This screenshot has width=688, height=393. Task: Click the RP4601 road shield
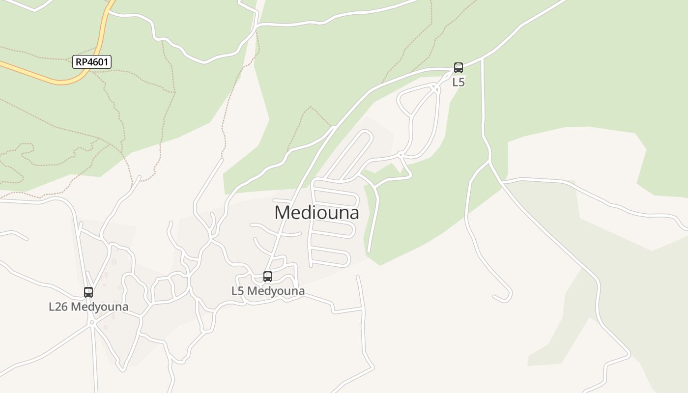tap(92, 62)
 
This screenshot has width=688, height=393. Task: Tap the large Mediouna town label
tap(316, 213)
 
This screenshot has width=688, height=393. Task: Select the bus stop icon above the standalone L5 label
tap(458, 68)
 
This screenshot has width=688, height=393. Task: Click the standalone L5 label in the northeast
tap(458, 82)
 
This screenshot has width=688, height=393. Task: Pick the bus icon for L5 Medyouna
tap(267, 277)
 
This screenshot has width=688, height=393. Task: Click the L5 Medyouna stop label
tap(268, 291)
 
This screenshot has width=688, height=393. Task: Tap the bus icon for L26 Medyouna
tap(88, 292)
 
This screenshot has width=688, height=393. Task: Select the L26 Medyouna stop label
tap(88, 307)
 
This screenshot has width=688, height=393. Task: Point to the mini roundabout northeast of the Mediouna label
tap(401, 155)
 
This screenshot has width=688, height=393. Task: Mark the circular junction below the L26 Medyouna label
tap(92, 322)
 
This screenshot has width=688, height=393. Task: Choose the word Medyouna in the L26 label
tap(100, 307)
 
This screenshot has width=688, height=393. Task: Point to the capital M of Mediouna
tap(282, 213)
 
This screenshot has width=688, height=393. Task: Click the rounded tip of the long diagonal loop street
tap(368, 134)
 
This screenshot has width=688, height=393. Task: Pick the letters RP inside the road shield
tap(82, 62)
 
